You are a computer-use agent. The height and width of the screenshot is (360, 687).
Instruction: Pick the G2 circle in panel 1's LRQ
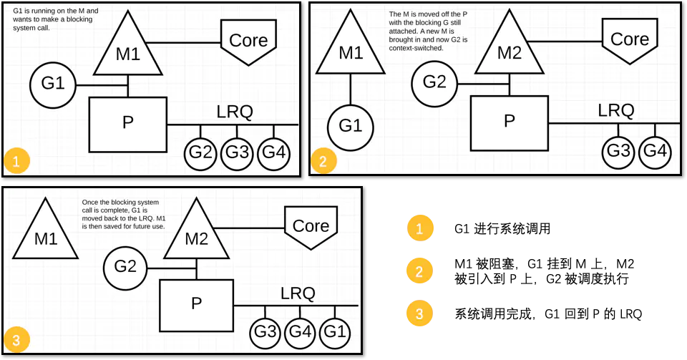[201, 152]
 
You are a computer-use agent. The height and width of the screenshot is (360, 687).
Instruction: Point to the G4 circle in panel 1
[273, 152]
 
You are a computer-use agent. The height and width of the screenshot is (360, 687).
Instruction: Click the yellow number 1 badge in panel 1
[16, 160]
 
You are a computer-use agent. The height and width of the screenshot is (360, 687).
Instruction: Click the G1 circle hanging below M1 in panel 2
[351, 127]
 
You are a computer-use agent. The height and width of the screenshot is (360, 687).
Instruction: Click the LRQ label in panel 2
[616, 110]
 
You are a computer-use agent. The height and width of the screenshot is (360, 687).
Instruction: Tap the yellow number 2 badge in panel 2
[323, 161]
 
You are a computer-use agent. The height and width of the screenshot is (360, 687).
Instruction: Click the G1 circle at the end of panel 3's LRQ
[336, 332]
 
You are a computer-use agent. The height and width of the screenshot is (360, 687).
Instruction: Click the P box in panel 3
[196, 304]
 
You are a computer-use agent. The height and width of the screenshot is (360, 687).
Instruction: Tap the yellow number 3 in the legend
[419, 313]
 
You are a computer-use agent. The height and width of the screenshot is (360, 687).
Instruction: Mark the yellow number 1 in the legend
[419, 228]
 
